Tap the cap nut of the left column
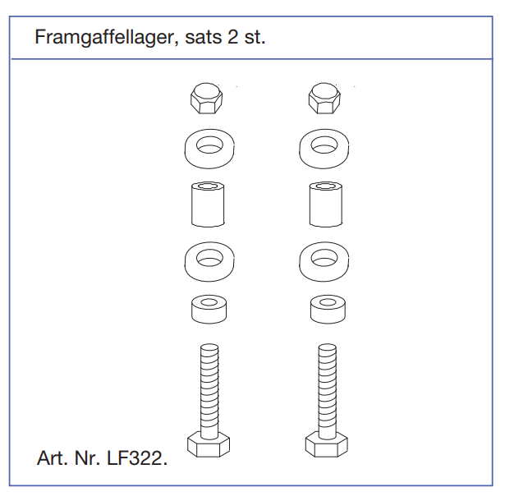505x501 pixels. [206, 99]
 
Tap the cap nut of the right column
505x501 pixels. [324, 99]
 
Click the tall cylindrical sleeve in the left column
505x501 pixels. [208, 205]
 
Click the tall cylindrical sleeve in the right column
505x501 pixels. [326, 205]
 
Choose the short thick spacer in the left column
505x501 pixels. [209, 313]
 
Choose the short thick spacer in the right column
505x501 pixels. [328, 313]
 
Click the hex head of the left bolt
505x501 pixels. [209, 446]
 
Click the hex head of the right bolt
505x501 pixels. [326, 446]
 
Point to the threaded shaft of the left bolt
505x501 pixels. [209, 390]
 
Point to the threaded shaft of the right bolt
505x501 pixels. [327, 390]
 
